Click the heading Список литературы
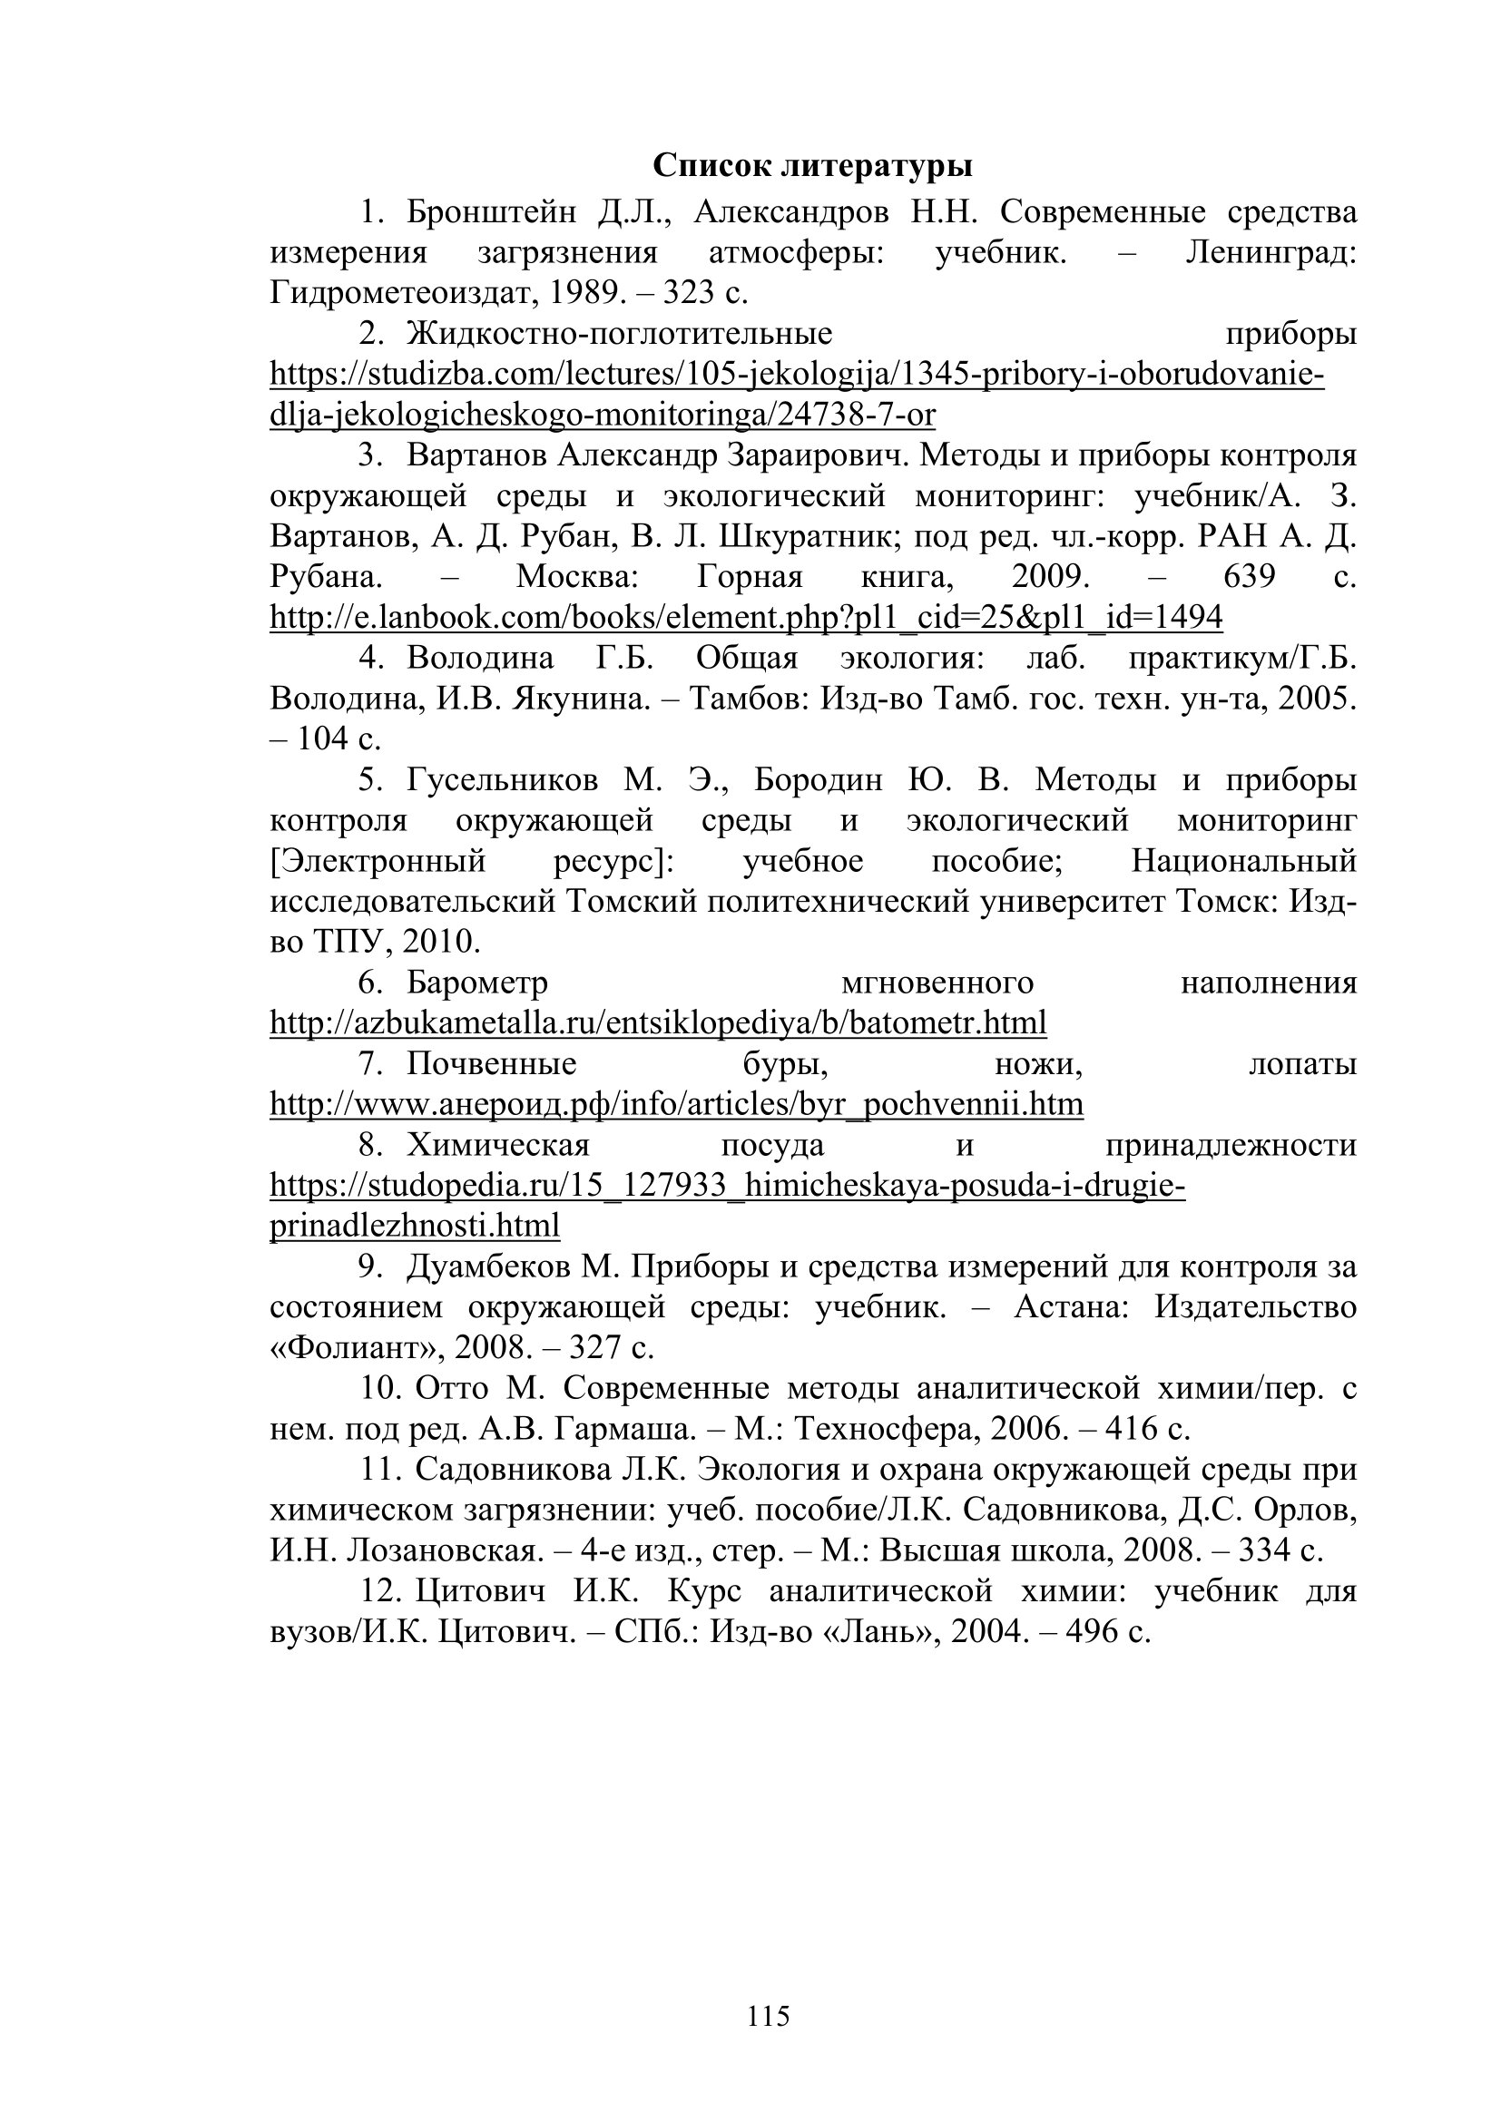click(812, 166)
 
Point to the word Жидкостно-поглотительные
click(619, 334)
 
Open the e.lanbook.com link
click(746, 616)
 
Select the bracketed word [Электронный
click(378, 861)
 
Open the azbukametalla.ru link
click(658, 1023)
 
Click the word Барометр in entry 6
click(477, 983)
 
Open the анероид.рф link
click(677, 1104)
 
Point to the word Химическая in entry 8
click(498, 1145)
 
